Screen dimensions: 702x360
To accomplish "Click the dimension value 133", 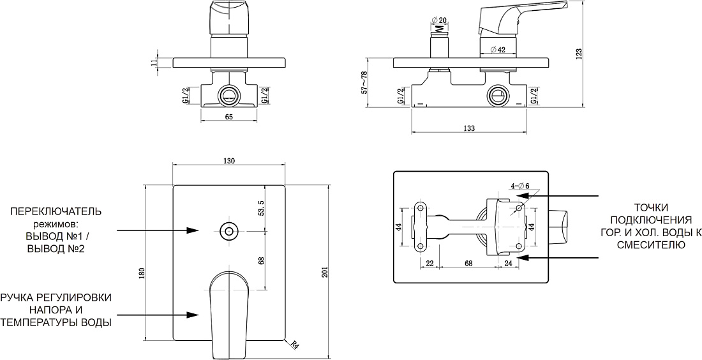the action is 469,128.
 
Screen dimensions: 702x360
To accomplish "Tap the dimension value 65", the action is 228,117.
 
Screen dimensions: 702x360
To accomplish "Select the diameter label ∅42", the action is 497,50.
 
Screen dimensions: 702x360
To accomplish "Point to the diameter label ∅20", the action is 438,20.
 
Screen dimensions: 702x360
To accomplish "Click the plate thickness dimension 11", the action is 154,63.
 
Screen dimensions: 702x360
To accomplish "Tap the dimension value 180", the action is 142,274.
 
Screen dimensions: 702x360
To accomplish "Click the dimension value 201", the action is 325,273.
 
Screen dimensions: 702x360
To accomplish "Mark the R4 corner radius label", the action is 294,345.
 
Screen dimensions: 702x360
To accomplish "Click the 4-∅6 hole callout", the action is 520,186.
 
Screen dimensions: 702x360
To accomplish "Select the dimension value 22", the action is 429,264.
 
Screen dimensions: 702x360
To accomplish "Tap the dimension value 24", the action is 508,264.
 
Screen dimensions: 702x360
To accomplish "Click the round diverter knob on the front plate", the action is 229,231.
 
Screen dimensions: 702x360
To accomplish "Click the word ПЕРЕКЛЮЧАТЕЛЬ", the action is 56,211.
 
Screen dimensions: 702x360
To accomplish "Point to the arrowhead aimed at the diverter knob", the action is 193,230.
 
